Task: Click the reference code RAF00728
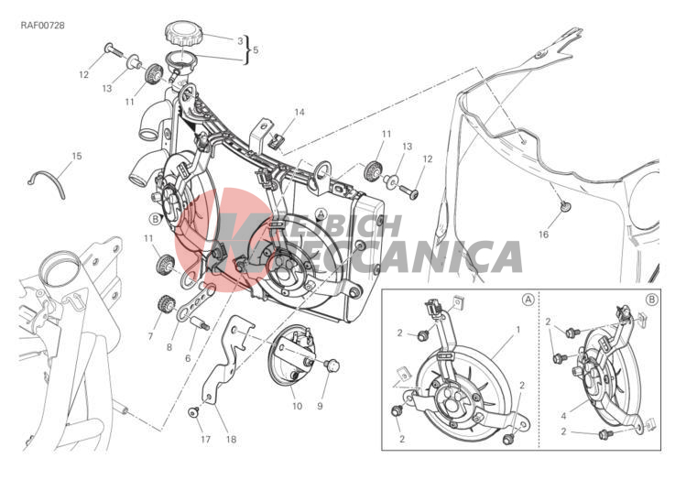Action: click(43, 26)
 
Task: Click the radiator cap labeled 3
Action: click(183, 34)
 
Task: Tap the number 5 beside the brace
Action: click(256, 50)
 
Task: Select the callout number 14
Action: click(299, 112)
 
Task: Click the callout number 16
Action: click(544, 235)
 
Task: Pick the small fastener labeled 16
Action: click(565, 206)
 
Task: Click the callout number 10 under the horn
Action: click(297, 406)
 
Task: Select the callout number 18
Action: click(231, 439)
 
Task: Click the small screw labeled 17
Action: click(193, 412)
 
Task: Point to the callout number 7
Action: click(150, 336)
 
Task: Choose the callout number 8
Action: click(169, 347)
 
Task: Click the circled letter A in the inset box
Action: click(528, 300)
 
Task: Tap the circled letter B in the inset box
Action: click(651, 300)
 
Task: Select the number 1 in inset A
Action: click(517, 330)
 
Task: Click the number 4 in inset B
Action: click(563, 417)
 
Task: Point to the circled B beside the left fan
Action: click(155, 219)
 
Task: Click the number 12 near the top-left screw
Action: click(83, 75)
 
